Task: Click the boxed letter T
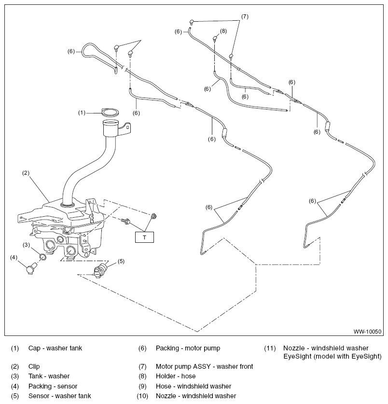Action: coord(144,237)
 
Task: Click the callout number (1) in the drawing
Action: coord(82,113)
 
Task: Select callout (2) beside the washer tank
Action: coord(26,173)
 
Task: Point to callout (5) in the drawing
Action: coord(121,261)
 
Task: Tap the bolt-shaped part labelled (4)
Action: coord(31,269)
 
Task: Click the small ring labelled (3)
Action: coord(43,257)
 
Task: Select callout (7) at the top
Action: coord(245,17)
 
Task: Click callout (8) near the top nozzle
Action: coord(223,31)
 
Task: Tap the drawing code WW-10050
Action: coord(367,332)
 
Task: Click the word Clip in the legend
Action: coord(34,366)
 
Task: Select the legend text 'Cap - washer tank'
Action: coord(55,348)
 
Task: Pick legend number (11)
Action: coord(270,348)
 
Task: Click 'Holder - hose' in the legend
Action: coord(176,376)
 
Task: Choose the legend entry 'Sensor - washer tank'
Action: coord(60,396)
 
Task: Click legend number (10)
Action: coord(142,396)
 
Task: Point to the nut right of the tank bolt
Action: coord(153,215)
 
